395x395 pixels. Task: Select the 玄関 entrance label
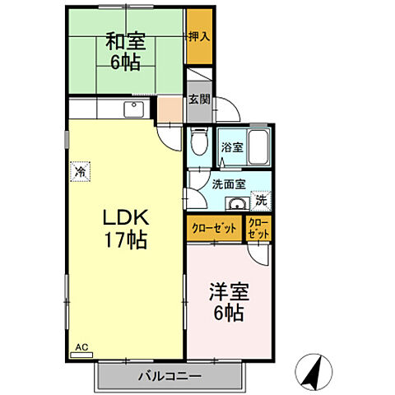tap(198, 99)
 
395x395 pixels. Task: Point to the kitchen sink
tap(134, 109)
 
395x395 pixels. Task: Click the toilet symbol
tap(198, 143)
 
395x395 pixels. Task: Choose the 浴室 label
tap(233, 148)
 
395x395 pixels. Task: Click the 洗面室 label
tap(225, 185)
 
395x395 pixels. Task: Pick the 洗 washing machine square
tap(261, 200)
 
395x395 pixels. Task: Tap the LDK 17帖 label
tap(125, 229)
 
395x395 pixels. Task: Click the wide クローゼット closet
tap(215, 229)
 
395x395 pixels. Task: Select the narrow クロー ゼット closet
tap(258, 229)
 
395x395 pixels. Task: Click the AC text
tap(81, 347)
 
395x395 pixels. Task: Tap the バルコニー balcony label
tap(170, 375)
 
